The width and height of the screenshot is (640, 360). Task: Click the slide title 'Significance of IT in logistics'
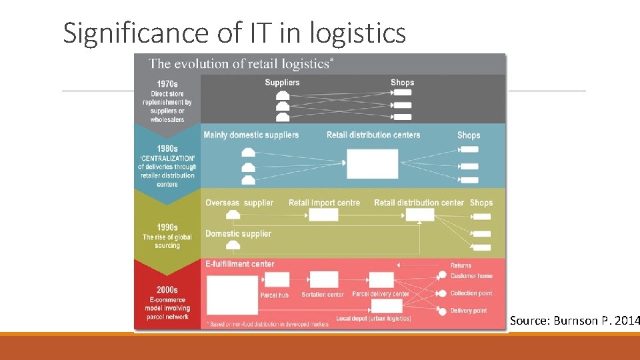234,33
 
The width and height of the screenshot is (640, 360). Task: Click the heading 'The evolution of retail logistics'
241,64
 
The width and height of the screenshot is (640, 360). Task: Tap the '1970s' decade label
167,84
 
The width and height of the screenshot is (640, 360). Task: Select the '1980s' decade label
167,149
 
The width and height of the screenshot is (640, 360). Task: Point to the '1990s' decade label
167,227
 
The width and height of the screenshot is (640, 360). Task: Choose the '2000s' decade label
167,290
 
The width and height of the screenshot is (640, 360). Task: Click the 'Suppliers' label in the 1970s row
282,83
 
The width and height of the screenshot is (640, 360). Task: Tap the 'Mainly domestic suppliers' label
251,135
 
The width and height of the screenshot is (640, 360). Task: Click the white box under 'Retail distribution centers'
372,164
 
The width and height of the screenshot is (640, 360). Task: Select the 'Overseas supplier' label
239,203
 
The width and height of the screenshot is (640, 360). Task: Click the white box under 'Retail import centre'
323,215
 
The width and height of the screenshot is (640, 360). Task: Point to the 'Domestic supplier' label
238,233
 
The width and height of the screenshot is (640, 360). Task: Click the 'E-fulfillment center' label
239,264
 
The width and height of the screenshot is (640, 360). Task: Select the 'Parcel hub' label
274,295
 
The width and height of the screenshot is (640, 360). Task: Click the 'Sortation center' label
323,295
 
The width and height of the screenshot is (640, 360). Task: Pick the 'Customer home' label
471,276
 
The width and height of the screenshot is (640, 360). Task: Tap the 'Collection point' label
471,293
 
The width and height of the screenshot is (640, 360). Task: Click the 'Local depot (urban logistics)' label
373,319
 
